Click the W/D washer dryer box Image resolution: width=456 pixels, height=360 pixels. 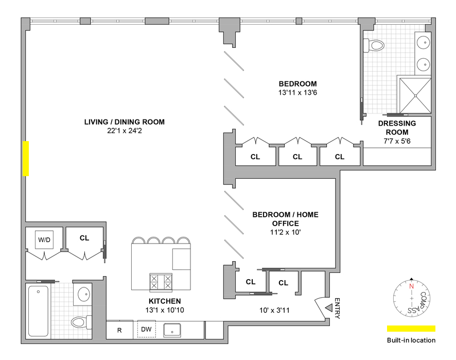(x=44, y=239)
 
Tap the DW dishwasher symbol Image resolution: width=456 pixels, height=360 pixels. (x=146, y=329)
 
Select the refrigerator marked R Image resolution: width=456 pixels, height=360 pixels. (x=119, y=330)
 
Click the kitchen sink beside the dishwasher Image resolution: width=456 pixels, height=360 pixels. (x=172, y=330)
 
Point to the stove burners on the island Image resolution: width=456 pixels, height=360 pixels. (x=161, y=282)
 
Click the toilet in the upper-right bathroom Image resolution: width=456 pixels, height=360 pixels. (x=374, y=45)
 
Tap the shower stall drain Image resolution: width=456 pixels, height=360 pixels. (x=415, y=95)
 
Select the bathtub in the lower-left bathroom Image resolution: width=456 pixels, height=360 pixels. (x=38, y=311)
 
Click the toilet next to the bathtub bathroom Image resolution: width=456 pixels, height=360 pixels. (x=81, y=322)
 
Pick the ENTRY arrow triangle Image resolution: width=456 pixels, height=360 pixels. (x=329, y=307)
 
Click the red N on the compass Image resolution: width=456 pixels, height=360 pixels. (x=411, y=286)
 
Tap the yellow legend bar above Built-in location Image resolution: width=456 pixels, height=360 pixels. (x=411, y=329)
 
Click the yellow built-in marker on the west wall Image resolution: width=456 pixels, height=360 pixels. (x=26, y=158)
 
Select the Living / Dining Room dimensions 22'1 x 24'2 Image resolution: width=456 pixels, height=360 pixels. (x=125, y=131)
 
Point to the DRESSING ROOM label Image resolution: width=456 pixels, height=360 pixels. (x=397, y=128)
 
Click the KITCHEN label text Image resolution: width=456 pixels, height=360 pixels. (x=165, y=301)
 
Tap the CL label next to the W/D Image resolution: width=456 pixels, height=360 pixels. (x=84, y=238)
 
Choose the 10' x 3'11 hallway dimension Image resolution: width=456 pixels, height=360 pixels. (x=274, y=310)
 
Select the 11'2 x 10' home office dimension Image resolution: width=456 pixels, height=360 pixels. (x=285, y=232)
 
